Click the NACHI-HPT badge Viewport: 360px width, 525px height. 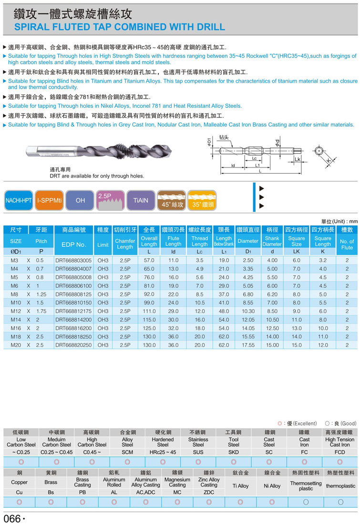tap(19, 200)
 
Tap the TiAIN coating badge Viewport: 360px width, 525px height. tap(141, 200)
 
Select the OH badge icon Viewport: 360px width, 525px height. tap(80, 200)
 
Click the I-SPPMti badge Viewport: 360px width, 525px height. tap(49, 200)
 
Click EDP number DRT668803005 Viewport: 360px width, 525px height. tap(73, 260)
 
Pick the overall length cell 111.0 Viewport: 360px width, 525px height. tap(149, 311)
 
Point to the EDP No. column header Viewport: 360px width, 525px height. tap(74, 244)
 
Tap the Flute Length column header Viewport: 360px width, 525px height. tap(174, 241)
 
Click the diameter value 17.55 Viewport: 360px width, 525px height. tap(248, 345)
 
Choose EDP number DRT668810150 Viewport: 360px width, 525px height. tap(73, 303)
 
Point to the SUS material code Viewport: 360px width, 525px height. tap(198, 451)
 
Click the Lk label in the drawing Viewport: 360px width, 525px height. tap(297, 159)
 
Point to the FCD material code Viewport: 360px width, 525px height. tap(339, 451)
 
